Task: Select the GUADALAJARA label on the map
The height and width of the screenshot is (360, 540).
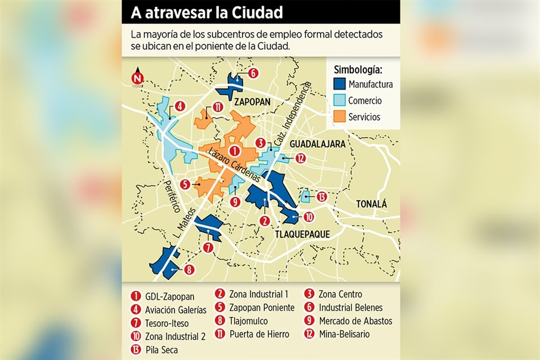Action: tap(317, 144)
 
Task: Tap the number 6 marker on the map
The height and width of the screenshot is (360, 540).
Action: tap(253, 73)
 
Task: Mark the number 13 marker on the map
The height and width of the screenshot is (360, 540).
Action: tap(321, 196)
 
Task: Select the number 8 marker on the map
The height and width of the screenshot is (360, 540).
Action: tap(189, 269)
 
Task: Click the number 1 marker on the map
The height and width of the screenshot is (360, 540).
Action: tap(235, 151)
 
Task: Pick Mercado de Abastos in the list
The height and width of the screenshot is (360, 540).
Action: tap(355, 321)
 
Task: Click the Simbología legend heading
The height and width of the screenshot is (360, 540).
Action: tap(358, 70)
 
